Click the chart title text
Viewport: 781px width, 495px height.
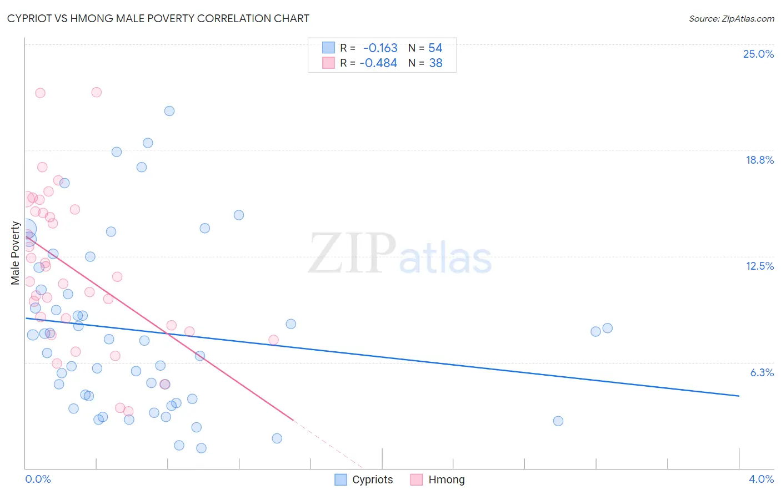(x=158, y=18)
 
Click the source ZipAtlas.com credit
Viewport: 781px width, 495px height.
(x=731, y=18)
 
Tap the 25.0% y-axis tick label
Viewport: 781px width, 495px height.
(x=758, y=54)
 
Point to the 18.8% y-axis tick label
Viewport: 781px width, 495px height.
(x=759, y=160)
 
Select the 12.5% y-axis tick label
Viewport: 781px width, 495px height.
(x=759, y=266)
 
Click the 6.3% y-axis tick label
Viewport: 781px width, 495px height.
(x=762, y=372)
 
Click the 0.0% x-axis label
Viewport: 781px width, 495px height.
(x=38, y=479)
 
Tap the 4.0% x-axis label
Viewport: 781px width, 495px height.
(x=761, y=479)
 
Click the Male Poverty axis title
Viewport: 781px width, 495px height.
(x=16, y=253)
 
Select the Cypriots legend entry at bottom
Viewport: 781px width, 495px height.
(x=364, y=479)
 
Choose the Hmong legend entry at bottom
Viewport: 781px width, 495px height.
(x=438, y=479)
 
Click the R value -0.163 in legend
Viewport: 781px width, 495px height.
(x=380, y=48)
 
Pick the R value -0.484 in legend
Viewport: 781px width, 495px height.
(x=378, y=63)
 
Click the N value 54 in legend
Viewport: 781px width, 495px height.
(x=435, y=48)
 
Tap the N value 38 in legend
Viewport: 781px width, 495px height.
(x=435, y=63)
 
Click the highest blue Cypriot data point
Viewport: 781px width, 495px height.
(x=169, y=111)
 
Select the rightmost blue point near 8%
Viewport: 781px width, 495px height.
(x=608, y=328)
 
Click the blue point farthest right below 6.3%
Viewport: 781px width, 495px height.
(x=558, y=421)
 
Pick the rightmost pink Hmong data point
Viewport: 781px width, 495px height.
(x=273, y=340)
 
